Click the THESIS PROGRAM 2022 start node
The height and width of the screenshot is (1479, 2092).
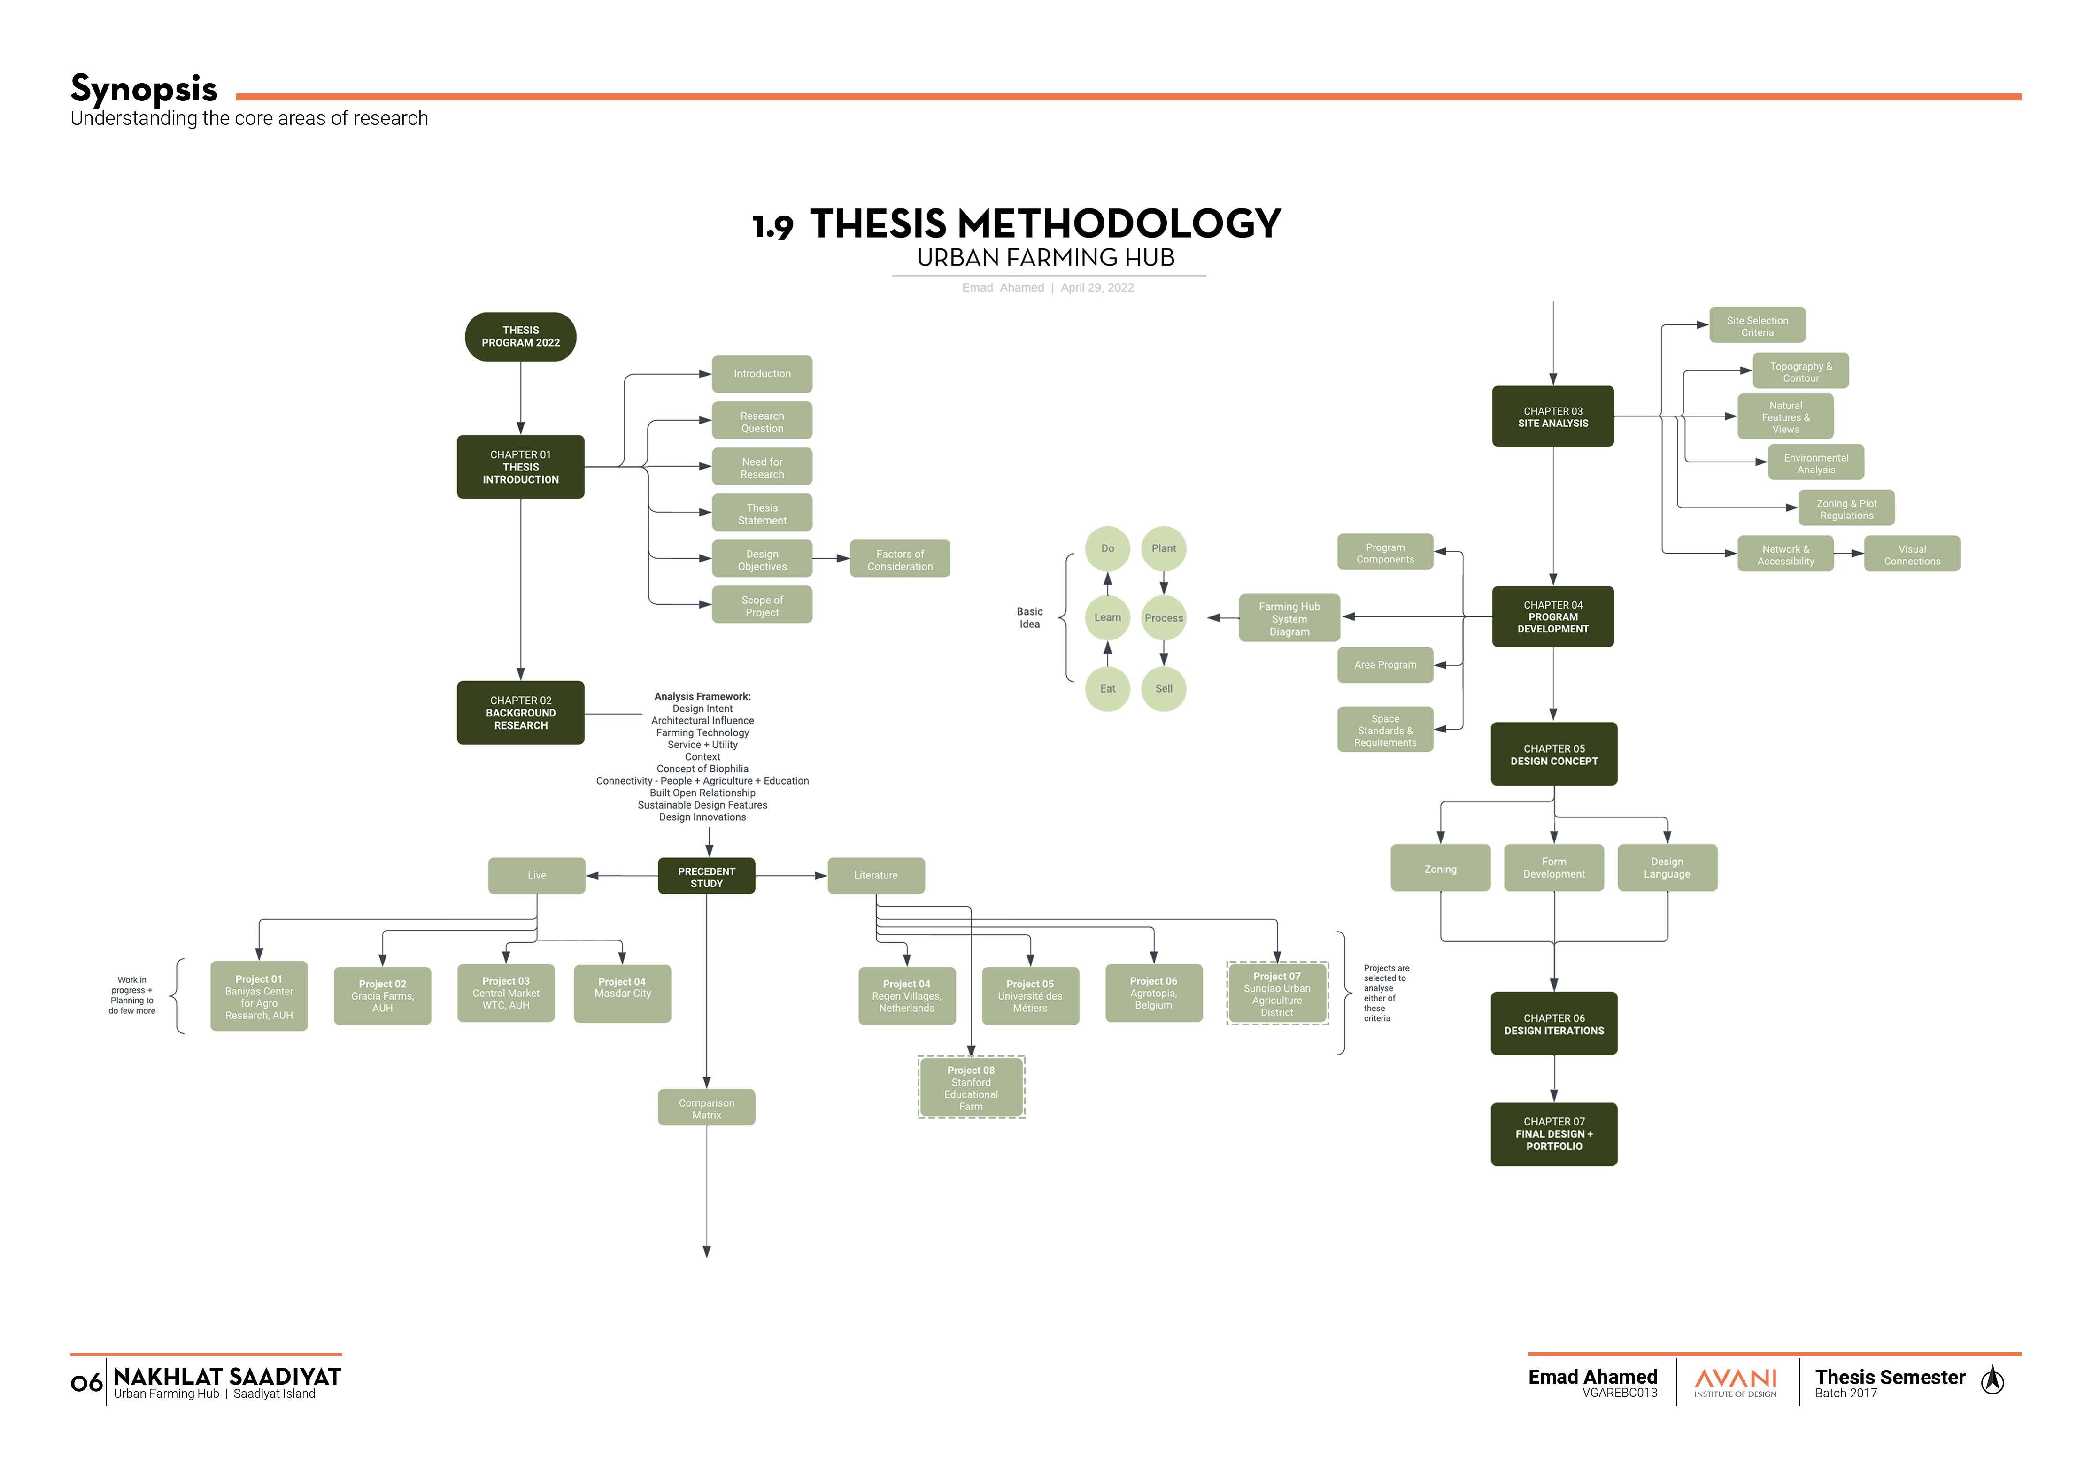(x=520, y=336)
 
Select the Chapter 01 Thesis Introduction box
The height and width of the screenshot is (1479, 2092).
(x=520, y=467)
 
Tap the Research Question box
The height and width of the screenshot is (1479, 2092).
(x=762, y=421)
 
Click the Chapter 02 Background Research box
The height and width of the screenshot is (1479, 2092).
(x=520, y=713)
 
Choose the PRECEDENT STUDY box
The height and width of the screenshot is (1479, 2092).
(x=706, y=876)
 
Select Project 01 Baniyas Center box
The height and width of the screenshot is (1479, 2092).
(x=259, y=996)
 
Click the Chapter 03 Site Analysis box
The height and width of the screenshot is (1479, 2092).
(x=1552, y=416)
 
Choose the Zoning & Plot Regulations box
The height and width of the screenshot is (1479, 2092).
(x=1846, y=508)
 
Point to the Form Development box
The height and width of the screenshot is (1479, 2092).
(x=1553, y=868)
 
